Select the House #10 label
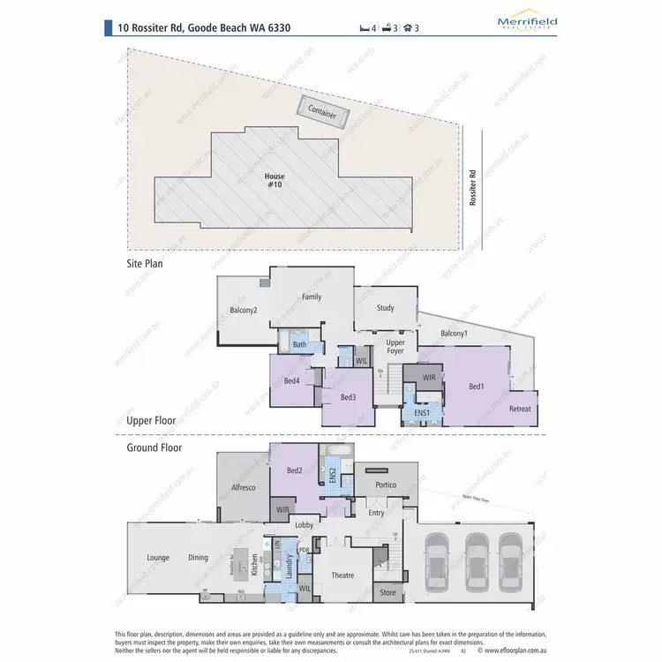coord(275,180)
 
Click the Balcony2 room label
coord(244,310)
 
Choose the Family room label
coord(312,297)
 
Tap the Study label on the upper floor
coord(385,308)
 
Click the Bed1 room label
coord(477,387)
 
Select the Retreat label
coord(520,409)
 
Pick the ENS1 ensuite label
coord(421,413)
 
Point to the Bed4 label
coord(291,380)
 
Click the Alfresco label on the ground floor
coord(243,486)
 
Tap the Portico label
coord(386,485)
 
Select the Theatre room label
coord(342,575)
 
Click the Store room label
coord(388,593)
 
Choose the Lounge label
coord(158,557)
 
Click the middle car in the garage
coord(477,560)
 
